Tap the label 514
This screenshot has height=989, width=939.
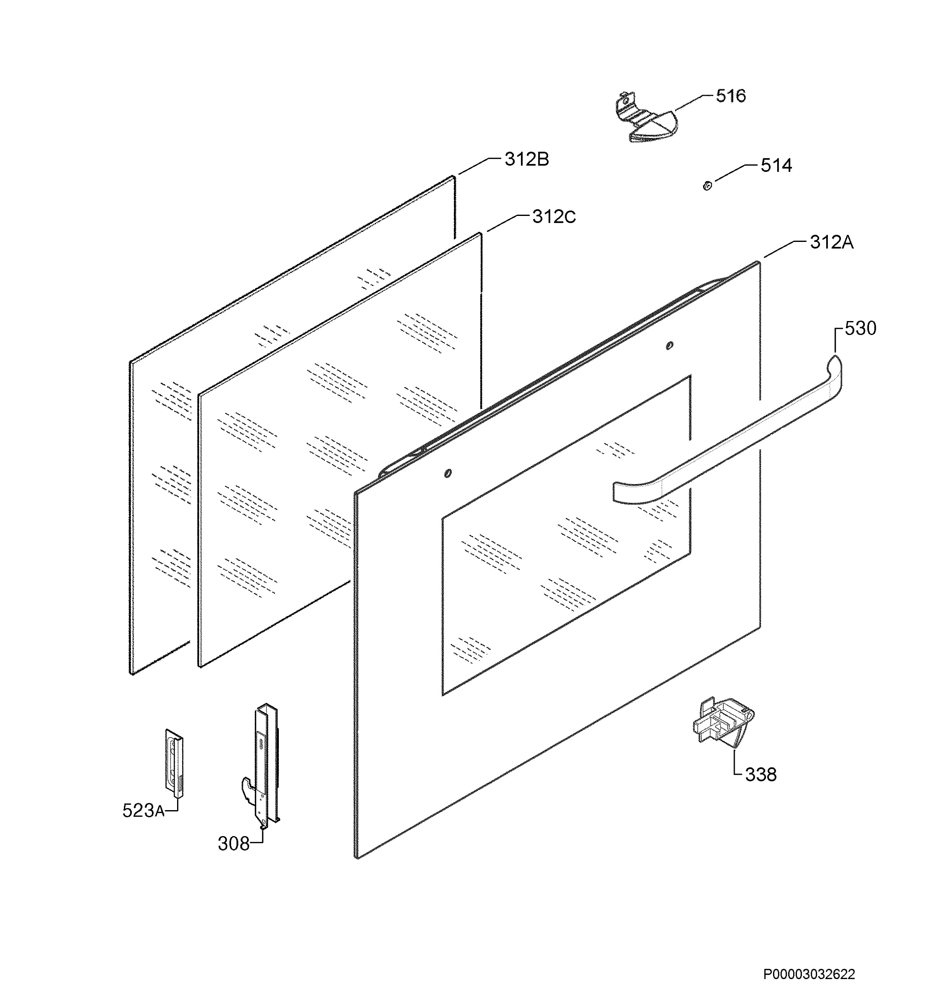pos(776,165)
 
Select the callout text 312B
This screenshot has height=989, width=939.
pos(527,159)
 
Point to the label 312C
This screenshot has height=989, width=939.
pos(554,217)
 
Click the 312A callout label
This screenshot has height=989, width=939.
pos(832,242)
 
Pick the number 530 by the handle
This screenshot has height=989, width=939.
pos(860,328)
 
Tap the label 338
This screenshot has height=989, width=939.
pos(761,774)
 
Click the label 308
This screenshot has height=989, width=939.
pos(233,844)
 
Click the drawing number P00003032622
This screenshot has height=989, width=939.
pos(809,960)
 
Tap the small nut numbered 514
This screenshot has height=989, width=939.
pos(707,186)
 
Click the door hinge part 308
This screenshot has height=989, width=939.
pos(261,766)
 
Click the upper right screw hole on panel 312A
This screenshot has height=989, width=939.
pos(670,345)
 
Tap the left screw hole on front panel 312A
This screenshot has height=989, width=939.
pos(448,473)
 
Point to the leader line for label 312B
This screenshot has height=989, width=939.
pos(479,166)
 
